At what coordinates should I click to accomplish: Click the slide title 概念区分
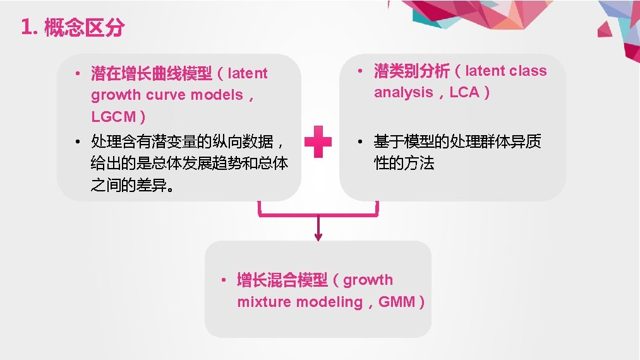click(x=84, y=28)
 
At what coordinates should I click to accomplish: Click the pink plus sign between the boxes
click(x=318, y=140)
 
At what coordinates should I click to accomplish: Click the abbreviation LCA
click(x=464, y=92)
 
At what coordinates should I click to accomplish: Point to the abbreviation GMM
click(x=397, y=302)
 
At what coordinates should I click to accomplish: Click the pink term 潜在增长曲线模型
click(x=152, y=74)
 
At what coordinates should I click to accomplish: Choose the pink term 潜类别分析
click(x=411, y=71)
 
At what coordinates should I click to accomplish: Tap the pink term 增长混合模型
click(x=282, y=280)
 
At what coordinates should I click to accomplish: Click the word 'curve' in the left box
click(x=166, y=95)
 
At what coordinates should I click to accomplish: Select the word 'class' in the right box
click(x=528, y=71)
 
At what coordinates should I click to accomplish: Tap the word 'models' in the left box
click(x=217, y=95)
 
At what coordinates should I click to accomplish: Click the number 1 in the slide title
click(x=25, y=28)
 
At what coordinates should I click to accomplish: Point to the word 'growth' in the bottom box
click(x=368, y=280)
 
